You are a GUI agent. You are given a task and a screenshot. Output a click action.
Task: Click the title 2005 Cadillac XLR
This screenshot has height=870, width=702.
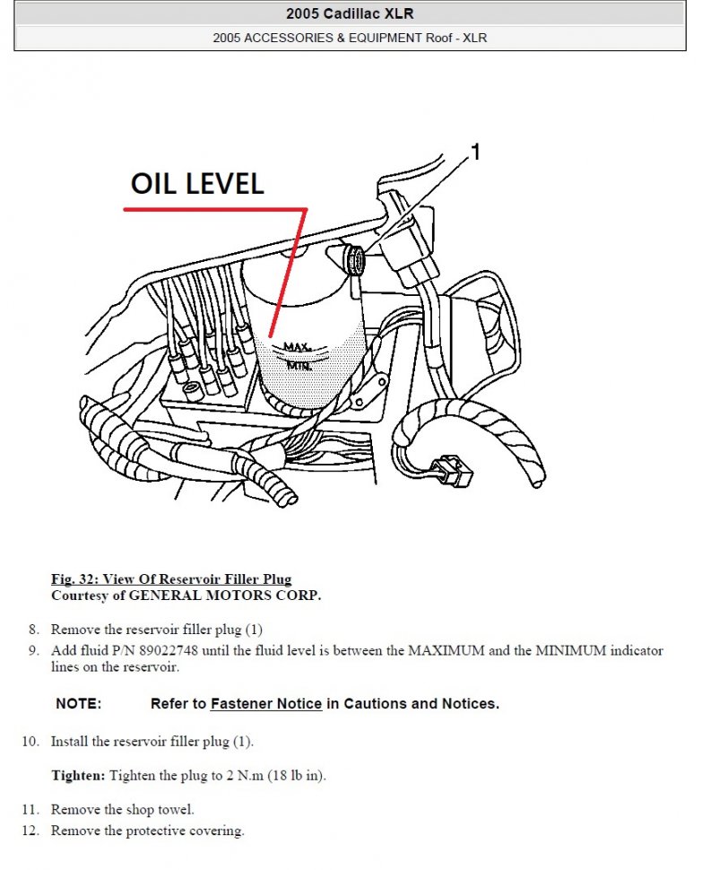point(350,13)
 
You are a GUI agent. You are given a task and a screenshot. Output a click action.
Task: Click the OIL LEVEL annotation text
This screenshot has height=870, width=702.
point(197,184)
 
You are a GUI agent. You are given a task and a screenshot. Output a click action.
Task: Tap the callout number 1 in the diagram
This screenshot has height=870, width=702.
point(475,152)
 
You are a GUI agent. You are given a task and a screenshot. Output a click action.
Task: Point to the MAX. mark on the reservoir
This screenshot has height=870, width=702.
point(298,347)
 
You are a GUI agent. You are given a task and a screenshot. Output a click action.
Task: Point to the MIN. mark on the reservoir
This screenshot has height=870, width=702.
point(299,366)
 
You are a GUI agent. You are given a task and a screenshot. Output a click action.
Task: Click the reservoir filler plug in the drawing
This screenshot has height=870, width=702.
point(354,260)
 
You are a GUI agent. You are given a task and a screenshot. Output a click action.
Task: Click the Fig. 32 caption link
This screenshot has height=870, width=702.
point(171,579)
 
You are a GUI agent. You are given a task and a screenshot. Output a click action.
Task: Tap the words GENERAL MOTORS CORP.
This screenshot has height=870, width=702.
point(225,596)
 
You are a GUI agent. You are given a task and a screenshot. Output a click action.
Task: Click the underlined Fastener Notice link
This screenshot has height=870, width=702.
point(266,703)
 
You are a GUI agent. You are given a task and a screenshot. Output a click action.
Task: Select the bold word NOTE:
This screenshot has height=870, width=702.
point(79,703)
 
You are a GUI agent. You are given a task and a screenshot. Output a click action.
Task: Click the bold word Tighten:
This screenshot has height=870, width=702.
point(78,775)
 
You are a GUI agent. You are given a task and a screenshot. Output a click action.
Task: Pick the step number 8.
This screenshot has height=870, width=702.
point(34,630)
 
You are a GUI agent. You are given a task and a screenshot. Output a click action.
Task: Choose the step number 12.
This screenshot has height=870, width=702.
point(31,831)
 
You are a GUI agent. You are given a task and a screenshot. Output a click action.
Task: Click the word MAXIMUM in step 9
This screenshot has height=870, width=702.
point(446,650)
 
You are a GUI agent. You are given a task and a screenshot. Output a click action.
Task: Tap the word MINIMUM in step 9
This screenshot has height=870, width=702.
point(570,650)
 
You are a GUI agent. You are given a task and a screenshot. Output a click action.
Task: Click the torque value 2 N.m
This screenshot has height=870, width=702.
point(245,775)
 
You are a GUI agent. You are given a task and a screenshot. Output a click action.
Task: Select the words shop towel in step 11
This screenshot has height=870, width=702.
point(160,810)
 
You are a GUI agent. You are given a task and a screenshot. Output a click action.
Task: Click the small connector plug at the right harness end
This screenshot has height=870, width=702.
point(453,471)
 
